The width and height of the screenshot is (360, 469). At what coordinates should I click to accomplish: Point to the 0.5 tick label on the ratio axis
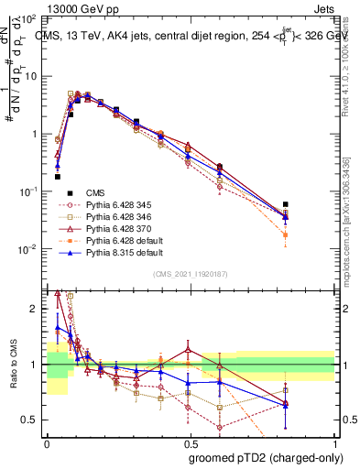tap(31, 420)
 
